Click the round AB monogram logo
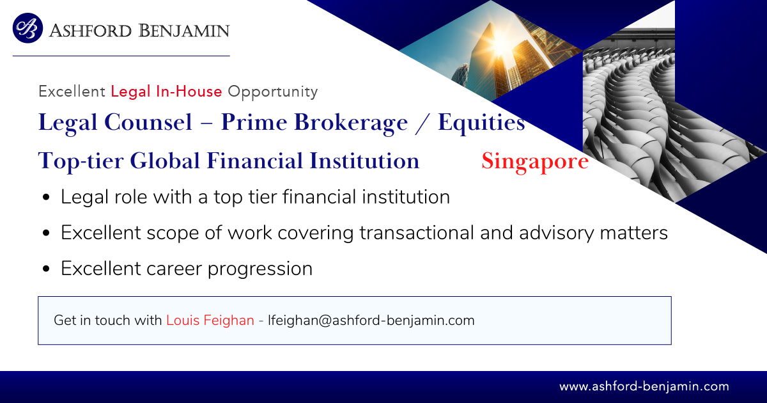tap(27, 28)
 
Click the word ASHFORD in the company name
tap(90, 31)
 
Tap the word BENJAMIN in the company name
tap(184, 31)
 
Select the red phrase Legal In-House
tap(166, 91)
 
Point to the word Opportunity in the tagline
tap(273, 92)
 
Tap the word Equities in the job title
tap(481, 123)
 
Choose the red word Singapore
tap(535, 162)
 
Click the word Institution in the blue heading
tap(364, 161)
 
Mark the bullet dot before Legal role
tap(46, 198)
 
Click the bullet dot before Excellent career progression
tap(46, 269)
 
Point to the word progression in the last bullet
tap(260, 269)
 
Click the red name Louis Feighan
tap(210, 320)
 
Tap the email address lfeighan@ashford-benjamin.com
tap(371, 320)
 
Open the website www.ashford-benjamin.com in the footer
tap(644, 386)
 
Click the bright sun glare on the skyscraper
tap(500, 45)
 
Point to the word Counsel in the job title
tap(148, 122)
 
